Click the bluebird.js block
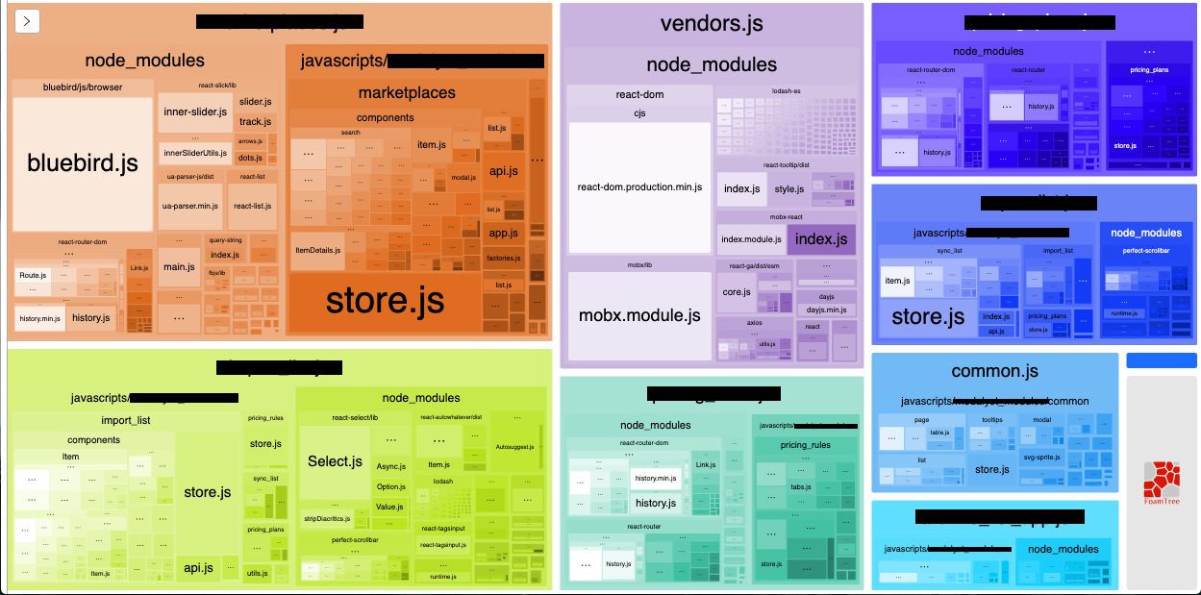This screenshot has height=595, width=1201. [83, 163]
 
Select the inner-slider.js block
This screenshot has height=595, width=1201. [195, 112]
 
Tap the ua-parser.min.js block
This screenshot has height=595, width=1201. [189, 206]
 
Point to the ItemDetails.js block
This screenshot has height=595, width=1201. [317, 250]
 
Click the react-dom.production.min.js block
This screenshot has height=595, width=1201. [639, 187]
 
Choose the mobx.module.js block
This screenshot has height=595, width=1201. [639, 315]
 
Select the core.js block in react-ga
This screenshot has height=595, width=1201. [736, 292]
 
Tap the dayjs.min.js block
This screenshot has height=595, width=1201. [826, 310]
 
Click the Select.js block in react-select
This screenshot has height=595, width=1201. [334, 461]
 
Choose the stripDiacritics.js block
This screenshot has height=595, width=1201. [327, 519]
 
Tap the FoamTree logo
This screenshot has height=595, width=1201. [1162, 483]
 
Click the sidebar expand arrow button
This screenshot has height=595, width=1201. [27, 20]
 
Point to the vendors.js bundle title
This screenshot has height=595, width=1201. [712, 24]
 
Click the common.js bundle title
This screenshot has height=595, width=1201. [994, 371]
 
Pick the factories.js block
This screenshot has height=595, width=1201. [503, 259]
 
